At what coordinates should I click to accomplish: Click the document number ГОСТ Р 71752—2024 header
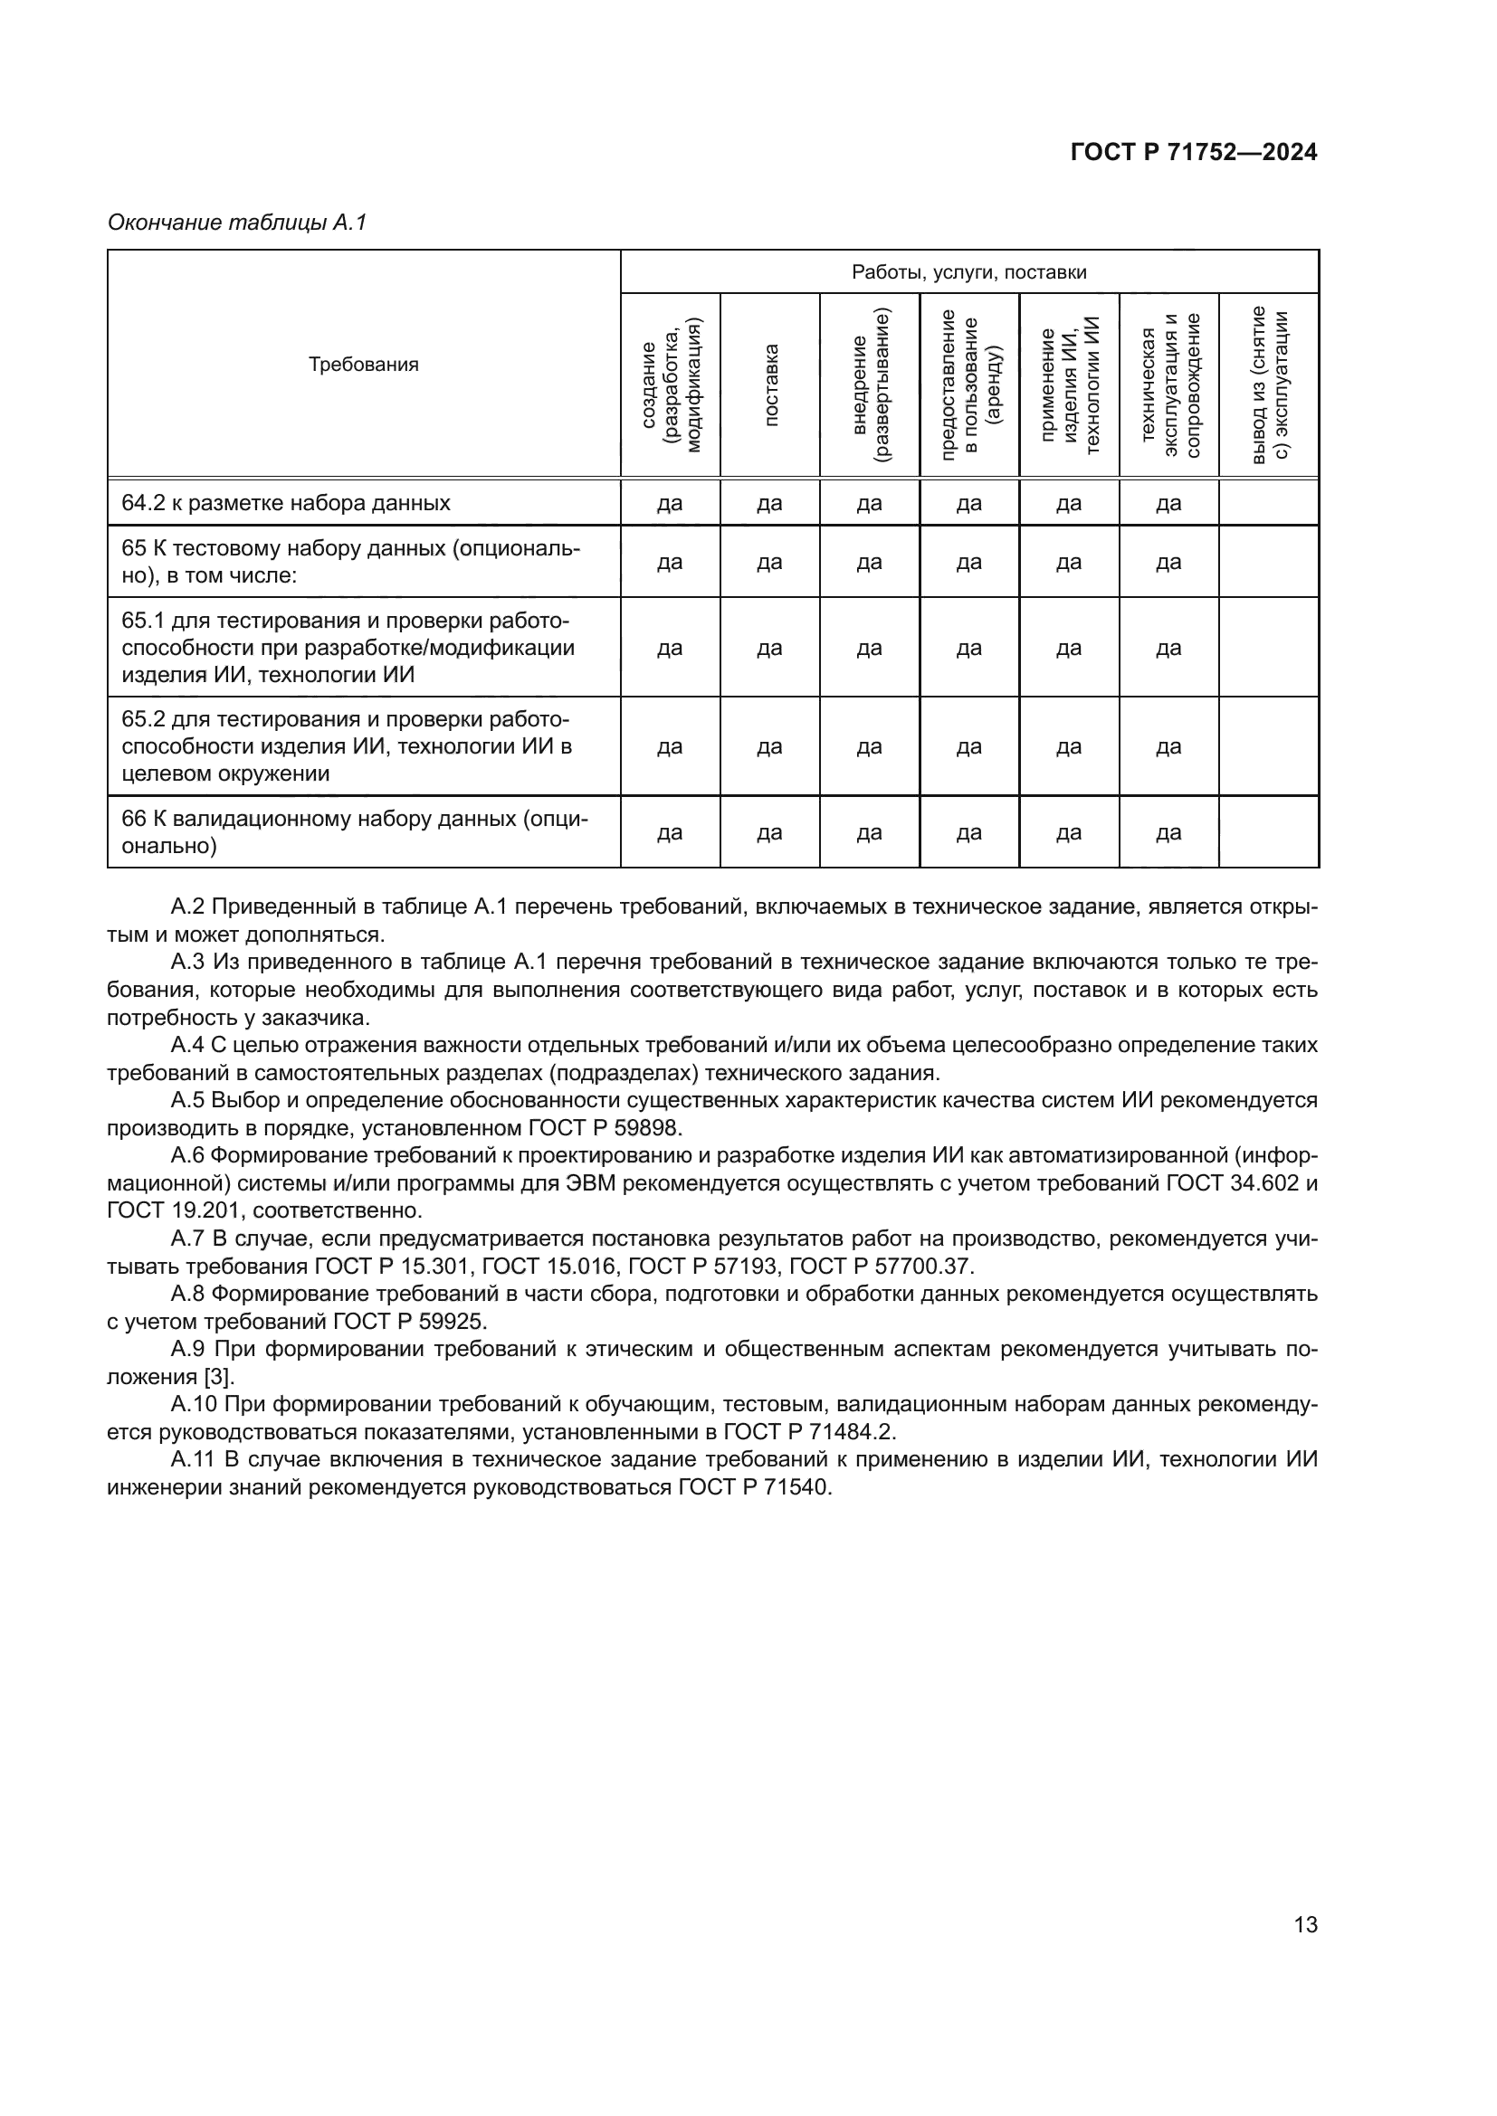(x=1194, y=153)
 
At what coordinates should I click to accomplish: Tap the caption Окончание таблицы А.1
(x=237, y=223)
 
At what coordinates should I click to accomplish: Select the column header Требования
(x=363, y=364)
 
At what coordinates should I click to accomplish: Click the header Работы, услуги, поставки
(x=968, y=272)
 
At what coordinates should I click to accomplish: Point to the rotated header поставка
(x=770, y=385)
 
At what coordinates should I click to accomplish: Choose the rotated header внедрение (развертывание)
(x=870, y=385)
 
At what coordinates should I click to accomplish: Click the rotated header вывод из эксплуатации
(x=1269, y=385)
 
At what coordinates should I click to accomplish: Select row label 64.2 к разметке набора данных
(x=286, y=503)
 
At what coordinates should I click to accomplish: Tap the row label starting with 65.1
(x=348, y=647)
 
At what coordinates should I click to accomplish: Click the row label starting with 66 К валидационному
(x=354, y=832)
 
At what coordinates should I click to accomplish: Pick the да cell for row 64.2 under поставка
(x=769, y=503)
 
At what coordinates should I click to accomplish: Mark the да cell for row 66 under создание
(x=670, y=833)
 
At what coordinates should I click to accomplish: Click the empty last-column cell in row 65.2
(x=1268, y=746)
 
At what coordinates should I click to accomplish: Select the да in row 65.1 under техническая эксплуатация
(x=1168, y=648)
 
